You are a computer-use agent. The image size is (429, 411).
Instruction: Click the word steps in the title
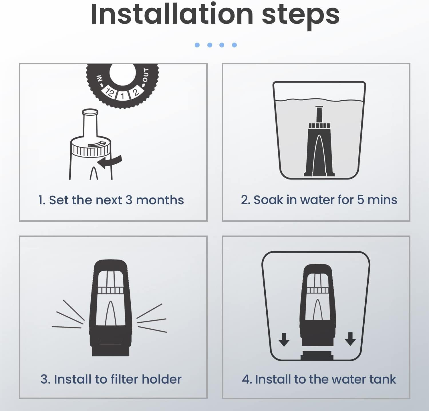click(x=301, y=16)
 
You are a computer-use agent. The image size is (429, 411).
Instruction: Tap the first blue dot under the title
click(x=197, y=45)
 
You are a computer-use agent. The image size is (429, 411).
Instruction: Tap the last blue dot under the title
click(x=235, y=45)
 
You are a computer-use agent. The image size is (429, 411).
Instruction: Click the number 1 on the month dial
click(x=122, y=96)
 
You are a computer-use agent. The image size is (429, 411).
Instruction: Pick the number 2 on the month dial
click(x=135, y=92)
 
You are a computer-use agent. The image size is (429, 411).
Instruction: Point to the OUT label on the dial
click(x=146, y=75)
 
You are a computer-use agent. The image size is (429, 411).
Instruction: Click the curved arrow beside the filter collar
click(x=110, y=162)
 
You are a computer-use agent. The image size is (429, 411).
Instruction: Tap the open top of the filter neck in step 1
click(x=90, y=112)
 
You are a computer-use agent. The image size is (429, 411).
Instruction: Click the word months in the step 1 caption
click(x=160, y=200)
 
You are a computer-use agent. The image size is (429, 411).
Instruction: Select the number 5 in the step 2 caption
click(x=360, y=200)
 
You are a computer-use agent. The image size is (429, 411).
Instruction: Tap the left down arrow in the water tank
click(x=284, y=340)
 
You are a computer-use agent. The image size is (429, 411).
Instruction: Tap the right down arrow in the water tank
click(x=350, y=339)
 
